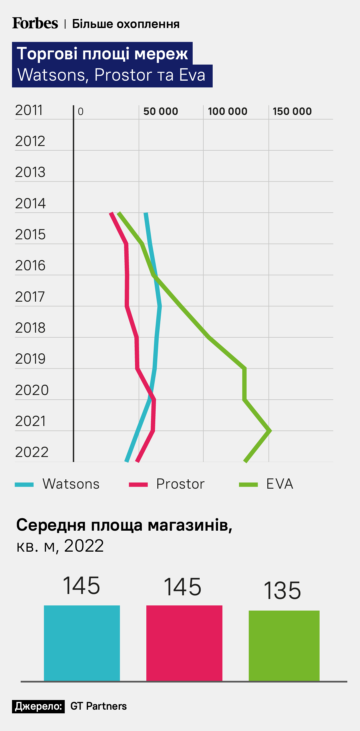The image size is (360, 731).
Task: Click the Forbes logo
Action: [x=35, y=23]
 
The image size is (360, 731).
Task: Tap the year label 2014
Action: [x=30, y=203]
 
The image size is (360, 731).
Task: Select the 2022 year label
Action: [x=32, y=452]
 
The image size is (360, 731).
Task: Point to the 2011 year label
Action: [x=29, y=110]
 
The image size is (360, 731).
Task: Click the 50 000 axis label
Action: [x=161, y=111]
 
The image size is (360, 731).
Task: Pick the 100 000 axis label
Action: [x=228, y=111]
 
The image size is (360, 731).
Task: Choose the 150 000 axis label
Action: [x=292, y=111]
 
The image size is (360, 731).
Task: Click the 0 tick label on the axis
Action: [x=81, y=112]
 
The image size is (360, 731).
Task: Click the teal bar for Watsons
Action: [x=82, y=643]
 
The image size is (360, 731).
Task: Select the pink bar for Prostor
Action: [x=184, y=643]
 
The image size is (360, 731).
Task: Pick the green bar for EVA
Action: [x=284, y=646]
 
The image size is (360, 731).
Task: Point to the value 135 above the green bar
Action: [x=282, y=591]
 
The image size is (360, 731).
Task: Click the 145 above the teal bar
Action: [x=82, y=586]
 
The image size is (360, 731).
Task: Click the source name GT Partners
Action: [x=99, y=706]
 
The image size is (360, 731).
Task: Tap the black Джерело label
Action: [x=39, y=706]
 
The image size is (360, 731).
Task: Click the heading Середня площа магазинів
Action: [x=124, y=525]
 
